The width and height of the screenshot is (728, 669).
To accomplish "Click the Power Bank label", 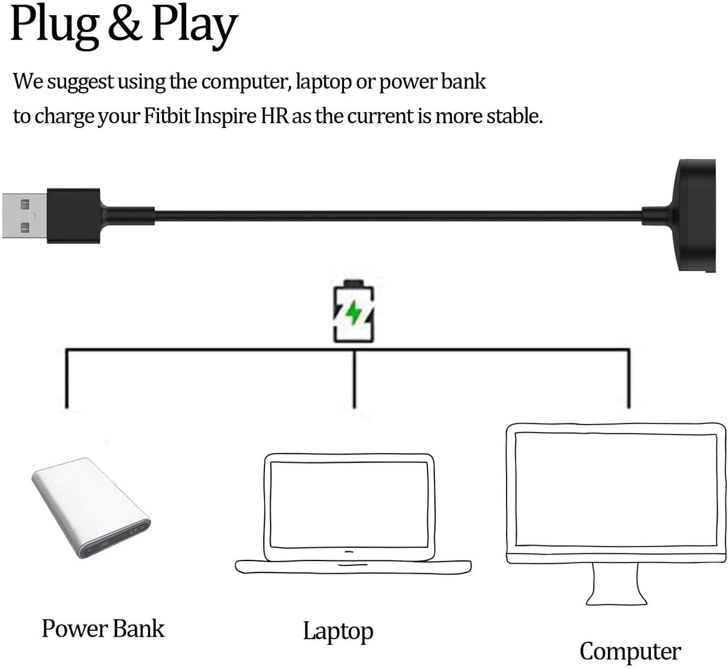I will click(103, 628).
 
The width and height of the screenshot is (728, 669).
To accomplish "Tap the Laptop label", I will click(338, 631).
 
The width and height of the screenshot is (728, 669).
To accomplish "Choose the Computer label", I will click(630, 651).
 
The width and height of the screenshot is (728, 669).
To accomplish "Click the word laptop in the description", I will click(322, 81).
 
